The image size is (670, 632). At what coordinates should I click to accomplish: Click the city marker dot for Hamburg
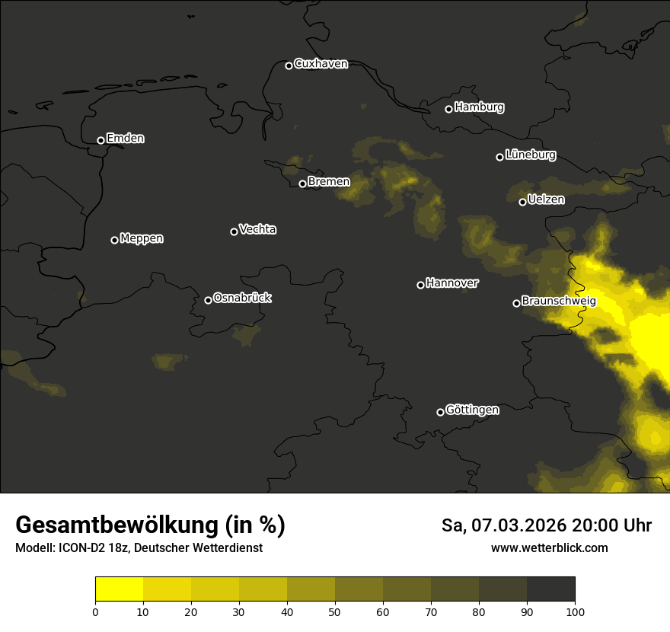(x=448, y=109)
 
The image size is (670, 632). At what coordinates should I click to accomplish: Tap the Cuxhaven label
(x=321, y=64)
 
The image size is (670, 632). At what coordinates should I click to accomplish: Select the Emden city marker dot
(x=100, y=140)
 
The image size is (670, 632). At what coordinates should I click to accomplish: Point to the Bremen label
(x=329, y=182)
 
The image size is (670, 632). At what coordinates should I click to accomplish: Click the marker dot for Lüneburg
(x=499, y=157)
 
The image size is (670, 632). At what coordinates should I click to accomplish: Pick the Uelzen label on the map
(x=546, y=199)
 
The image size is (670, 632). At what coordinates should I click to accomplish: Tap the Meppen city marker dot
(x=114, y=240)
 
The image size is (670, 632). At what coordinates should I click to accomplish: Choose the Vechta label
(x=257, y=229)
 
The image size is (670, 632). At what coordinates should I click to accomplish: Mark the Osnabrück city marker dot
(x=208, y=300)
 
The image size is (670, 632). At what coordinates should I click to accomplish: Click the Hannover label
(x=452, y=283)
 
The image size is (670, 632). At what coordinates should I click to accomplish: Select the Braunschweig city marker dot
(x=516, y=303)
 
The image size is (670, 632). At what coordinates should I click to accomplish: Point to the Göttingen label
(x=472, y=410)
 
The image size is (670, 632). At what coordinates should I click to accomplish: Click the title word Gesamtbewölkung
(x=116, y=525)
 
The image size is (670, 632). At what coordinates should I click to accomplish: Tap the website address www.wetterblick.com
(x=550, y=547)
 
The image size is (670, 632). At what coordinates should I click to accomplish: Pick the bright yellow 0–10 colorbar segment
(x=120, y=589)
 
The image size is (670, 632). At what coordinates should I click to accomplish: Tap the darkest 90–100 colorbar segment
(x=550, y=589)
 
